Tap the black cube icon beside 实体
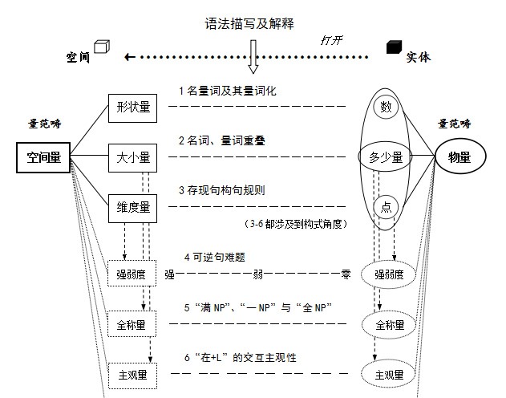[x=394, y=47]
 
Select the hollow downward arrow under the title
[x=253, y=55]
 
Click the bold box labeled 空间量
[x=44, y=158]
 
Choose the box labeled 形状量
[x=133, y=107]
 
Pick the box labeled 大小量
[x=133, y=158]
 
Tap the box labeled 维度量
[x=133, y=208]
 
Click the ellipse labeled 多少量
[x=386, y=158]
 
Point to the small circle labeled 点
[x=387, y=208]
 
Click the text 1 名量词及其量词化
[x=228, y=91]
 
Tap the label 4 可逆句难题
[x=214, y=258]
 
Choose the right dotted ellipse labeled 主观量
[x=388, y=374]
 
